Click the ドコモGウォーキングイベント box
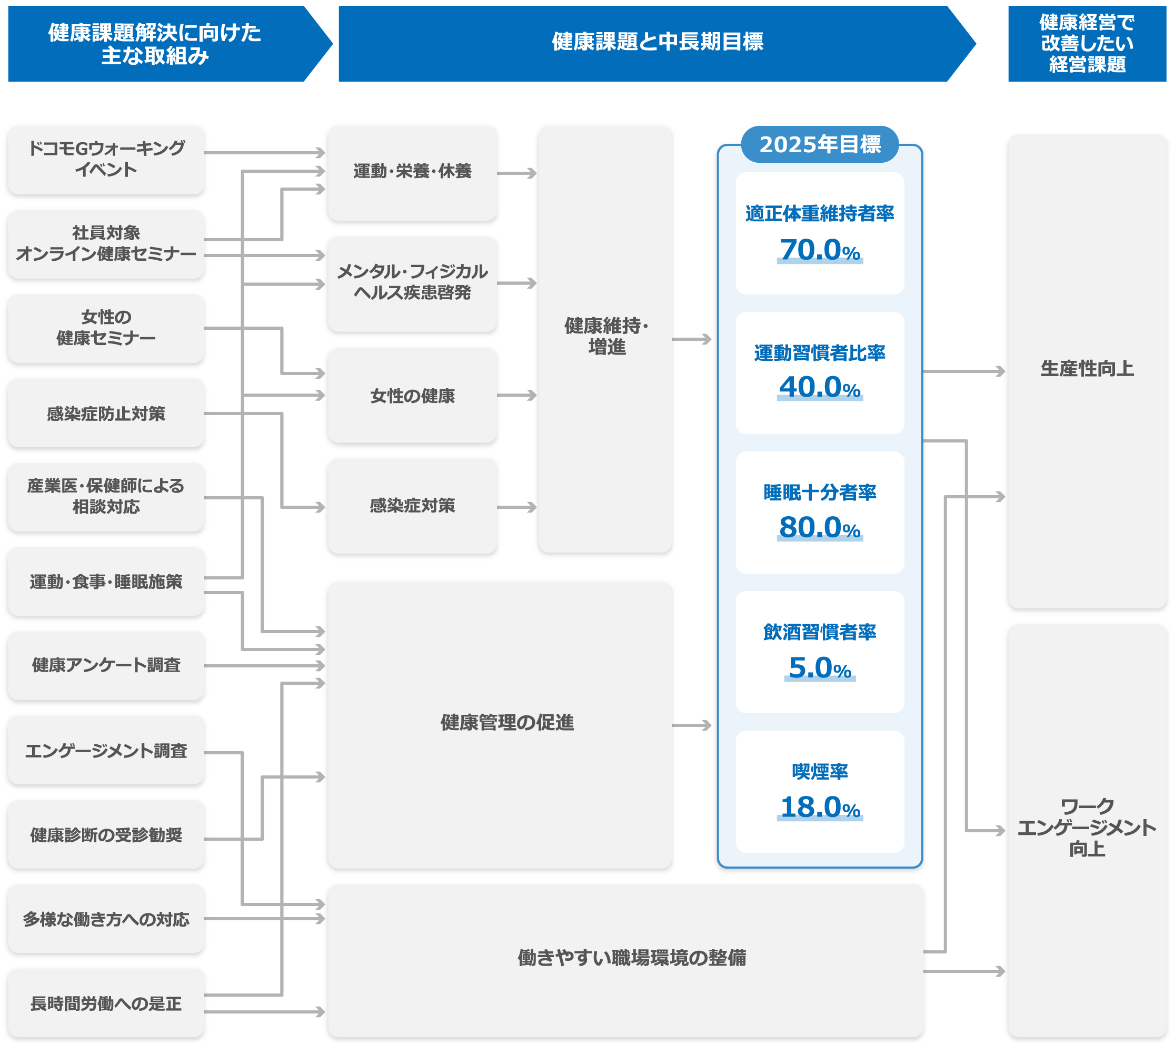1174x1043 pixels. coord(106,160)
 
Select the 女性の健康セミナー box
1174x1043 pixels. coord(106,328)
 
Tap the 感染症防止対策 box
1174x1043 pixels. coord(106,413)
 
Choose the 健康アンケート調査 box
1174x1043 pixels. coord(106,665)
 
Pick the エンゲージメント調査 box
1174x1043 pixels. coord(106,751)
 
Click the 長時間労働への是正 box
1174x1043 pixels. coord(106,1003)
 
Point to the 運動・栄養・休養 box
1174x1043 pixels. coord(412,172)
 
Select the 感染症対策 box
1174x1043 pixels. coord(412,506)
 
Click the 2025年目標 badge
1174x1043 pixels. coord(820,144)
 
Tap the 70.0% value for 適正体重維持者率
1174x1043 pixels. coord(820,251)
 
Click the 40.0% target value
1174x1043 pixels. coord(820,387)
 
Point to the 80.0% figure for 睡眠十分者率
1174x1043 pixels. coord(820,527)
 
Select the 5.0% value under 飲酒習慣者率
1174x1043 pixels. coord(820,668)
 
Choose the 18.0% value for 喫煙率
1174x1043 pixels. coord(820,808)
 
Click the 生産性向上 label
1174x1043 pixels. coord(1087,368)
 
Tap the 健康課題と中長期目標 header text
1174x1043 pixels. coord(657,42)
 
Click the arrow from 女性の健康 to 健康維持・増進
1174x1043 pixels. coord(517,396)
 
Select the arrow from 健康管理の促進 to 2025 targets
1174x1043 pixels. coord(692,726)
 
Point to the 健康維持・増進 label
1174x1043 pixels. coord(606,337)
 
